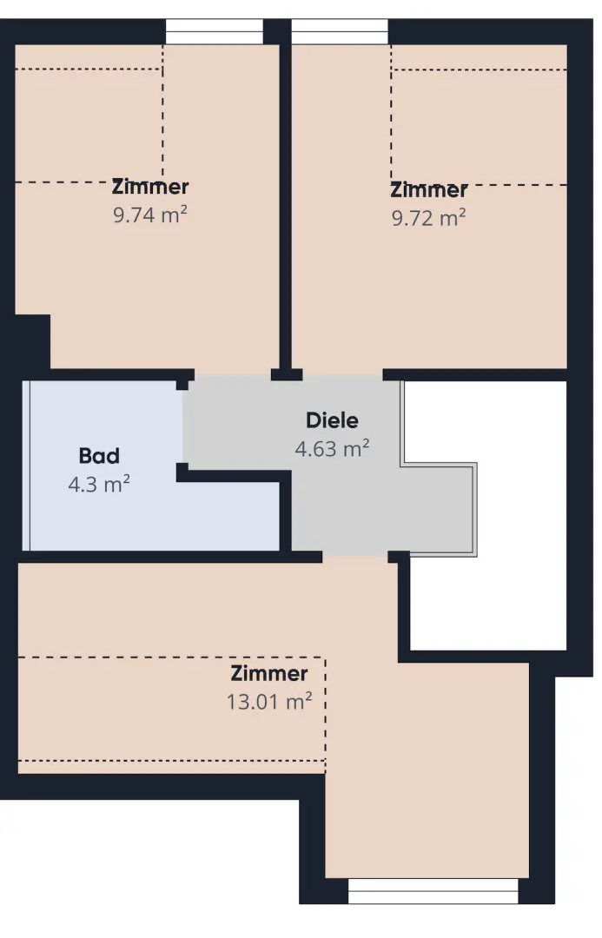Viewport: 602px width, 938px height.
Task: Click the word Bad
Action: pyautogui.click(x=99, y=456)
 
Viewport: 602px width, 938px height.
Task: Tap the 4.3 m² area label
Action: pyautogui.click(x=99, y=484)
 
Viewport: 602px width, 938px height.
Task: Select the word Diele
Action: pyautogui.click(x=332, y=420)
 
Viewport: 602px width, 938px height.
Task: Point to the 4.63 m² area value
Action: pyautogui.click(x=332, y=448)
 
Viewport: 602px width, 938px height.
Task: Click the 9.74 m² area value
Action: pyautogui.click(x=150, y=215)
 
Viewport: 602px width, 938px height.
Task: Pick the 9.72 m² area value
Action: pyautogui.click(x=429, y=218)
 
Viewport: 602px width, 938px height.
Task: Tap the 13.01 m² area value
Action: pyautogui.click(x=269, y=701)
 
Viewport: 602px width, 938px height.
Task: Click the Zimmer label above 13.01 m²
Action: pyautogui.click(x=269, y=674)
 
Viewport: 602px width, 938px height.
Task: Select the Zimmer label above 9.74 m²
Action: pyautogui.click(x=150, y=187)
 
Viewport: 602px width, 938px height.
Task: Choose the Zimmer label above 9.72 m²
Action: pyautogui.click(x=429, y=190)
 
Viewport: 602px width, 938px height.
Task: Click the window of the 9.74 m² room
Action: pyautogui.click(x=215, y=31)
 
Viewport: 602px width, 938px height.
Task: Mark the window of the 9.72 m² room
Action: pyautogui.click(x=340, y=31)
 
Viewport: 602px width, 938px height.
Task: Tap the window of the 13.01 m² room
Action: pyautogui.click(x=433, y=891)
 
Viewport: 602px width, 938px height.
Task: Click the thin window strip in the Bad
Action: pyautogui.click(x=26, y=466)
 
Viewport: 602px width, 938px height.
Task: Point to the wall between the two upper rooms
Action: pyautogui.click(x=286, y=207)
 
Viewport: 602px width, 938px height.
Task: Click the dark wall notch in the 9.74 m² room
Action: pyautogui.click(x=32, y=341)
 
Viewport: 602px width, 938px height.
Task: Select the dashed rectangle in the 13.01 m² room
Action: pyautogui.click(x=172, y=709)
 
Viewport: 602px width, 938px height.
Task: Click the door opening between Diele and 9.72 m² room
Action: pyautogui.click(x=342, y=375)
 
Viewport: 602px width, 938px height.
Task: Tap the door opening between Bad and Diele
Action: pyautogui.click(x=182, y=426)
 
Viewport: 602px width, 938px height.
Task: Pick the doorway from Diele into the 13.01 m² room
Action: pyautogui.click(x=355, y=557)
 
